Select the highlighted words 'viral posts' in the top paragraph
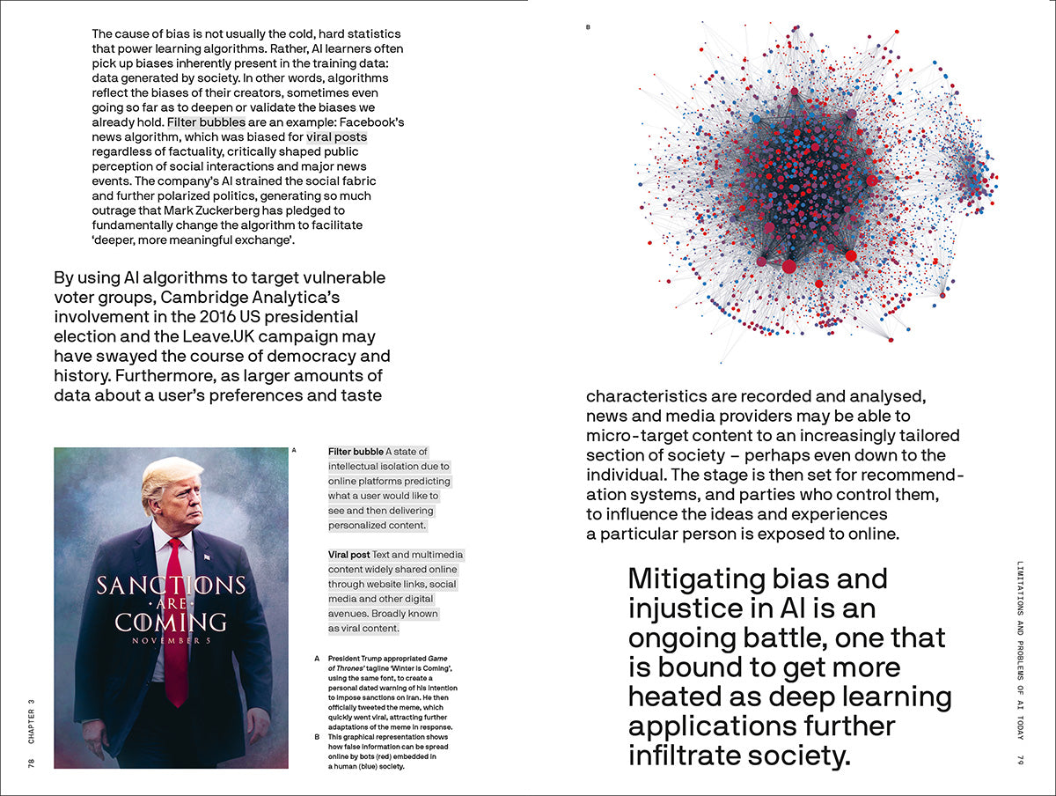coord(336,137)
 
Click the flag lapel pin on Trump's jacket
coord(207,557)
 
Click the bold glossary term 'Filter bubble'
coord(356,452)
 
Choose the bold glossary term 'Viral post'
coord(348,555)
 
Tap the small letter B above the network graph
coord(588,27)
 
